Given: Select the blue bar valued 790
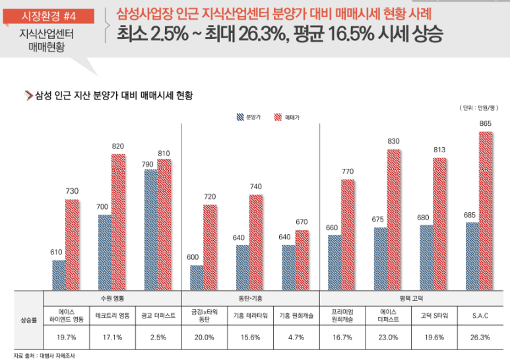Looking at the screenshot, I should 150,229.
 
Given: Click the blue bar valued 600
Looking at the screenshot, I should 197,277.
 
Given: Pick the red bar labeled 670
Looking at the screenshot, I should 302,259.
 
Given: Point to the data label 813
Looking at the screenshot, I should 439,150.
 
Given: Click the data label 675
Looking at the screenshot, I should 379,220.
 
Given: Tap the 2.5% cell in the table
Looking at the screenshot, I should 158,337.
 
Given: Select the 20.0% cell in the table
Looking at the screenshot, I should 205,337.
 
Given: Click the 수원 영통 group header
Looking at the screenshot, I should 112,298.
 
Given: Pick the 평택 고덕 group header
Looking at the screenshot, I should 411,298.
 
